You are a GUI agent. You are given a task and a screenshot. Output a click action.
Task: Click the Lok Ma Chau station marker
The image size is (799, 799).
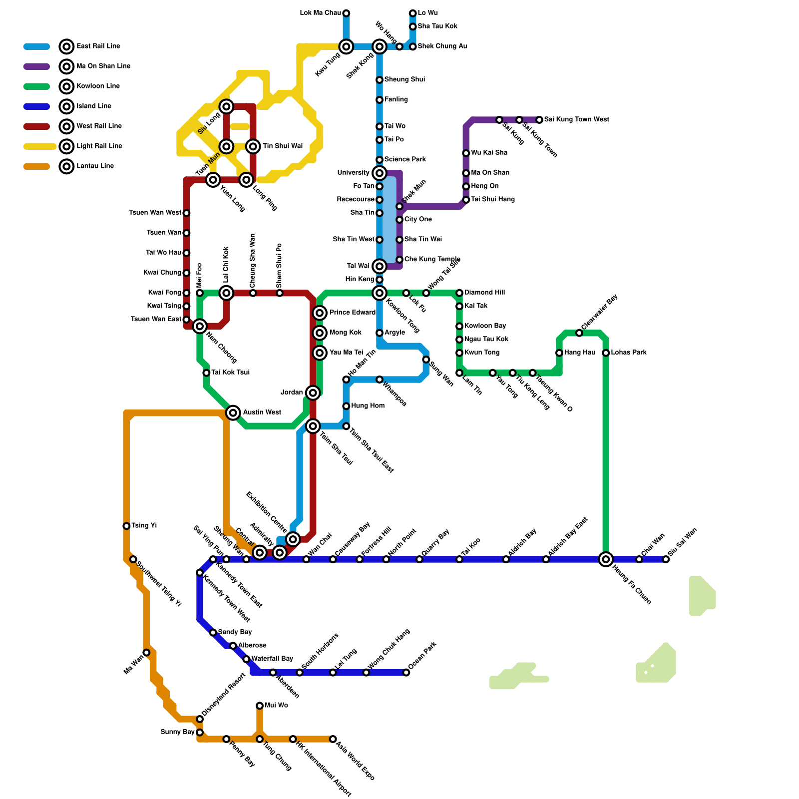pos(346,13)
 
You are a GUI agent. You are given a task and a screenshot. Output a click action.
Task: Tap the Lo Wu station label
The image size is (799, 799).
pos(428,13)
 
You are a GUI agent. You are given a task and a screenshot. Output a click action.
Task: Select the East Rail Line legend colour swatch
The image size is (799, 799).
pos(36,46)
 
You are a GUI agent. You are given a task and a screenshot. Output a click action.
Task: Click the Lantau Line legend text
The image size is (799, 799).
pos(95,166)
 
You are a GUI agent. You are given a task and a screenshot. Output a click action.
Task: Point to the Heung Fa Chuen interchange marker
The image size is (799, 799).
pos(606,559)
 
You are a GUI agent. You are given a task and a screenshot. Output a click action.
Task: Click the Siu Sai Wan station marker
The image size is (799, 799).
pos(666,559)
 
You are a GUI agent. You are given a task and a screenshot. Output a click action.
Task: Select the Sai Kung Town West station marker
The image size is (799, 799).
pos(539,120)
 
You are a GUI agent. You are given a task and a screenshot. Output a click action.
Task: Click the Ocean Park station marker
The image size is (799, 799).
pos(406,673)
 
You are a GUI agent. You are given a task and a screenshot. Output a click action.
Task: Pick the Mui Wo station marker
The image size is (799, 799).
pos(260,706)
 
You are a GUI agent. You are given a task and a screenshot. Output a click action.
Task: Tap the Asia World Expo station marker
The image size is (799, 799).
pos(333,739)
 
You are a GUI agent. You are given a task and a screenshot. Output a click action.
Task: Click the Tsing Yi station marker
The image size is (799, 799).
pos(126,526)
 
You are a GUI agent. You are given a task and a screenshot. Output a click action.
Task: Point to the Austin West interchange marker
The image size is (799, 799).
pos(233,412)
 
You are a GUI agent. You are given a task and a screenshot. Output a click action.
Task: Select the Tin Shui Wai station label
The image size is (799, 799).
pos(283,146)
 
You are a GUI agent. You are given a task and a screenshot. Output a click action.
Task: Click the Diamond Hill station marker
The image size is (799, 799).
pos(459,293)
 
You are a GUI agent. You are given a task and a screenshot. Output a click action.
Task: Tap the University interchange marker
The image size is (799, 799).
pos(380,173)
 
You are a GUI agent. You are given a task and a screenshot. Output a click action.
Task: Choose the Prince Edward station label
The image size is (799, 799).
pos(353,313)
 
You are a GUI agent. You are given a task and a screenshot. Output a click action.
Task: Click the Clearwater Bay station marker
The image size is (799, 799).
pos(579,333)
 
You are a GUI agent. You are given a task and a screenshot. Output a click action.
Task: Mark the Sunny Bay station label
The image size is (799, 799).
pos(177,732)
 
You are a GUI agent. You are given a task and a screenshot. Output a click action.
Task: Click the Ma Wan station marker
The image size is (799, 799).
pos(146,653)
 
